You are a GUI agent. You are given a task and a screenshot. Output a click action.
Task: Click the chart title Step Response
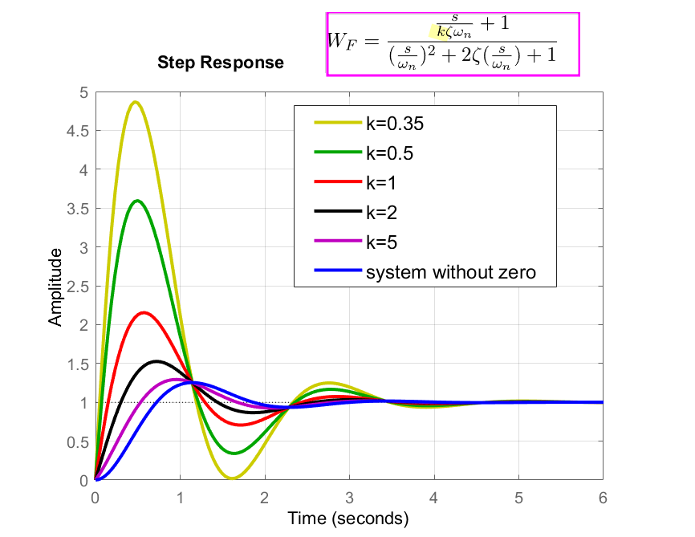[x=220, y=63]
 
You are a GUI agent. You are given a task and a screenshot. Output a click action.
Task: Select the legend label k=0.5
[x=389, y=153]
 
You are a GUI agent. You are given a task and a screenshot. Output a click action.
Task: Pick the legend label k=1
[x=382, y=183]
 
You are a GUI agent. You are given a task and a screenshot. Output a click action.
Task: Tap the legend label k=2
[x=382, y=213]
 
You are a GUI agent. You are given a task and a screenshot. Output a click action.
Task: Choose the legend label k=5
[x=382, y=242]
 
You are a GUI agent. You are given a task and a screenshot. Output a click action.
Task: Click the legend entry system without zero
[x=450, y=273]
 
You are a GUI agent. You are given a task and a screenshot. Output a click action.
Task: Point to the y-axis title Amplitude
[x=55, y=287]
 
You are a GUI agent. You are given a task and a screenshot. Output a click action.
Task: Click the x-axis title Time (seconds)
[x=348, y=518]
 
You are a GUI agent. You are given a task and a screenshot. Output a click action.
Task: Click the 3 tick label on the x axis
[x=348, y=497]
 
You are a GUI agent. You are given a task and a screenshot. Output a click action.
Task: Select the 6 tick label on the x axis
[x=603, y=497]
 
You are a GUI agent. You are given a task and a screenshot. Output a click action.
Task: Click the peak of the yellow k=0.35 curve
[x=136, y=102]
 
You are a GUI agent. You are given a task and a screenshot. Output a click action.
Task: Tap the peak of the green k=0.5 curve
[x=138, y=201]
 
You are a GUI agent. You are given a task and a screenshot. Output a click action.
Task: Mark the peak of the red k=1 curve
[x=144, y=312]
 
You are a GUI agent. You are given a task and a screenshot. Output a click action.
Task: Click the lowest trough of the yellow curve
[x=232, y=478]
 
